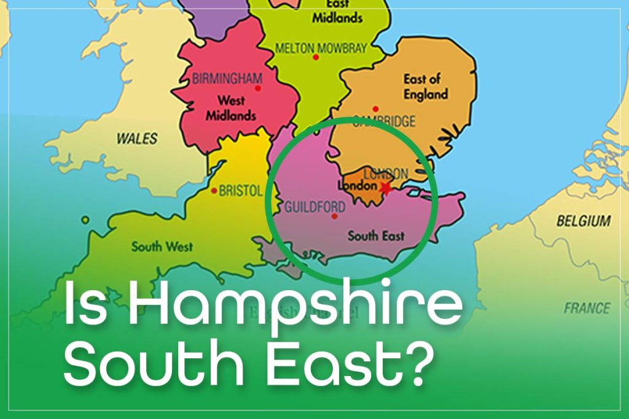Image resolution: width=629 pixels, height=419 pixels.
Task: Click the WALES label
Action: coord(136,139)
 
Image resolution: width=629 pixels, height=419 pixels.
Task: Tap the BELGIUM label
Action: coord(583,221)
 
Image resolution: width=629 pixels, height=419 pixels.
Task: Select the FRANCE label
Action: coord(587,308)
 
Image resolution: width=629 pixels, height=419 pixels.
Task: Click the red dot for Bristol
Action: coord(214,191)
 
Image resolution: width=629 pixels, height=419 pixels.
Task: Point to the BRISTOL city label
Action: coord(241,191)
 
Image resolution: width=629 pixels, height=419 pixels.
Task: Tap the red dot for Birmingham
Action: coord(257,88)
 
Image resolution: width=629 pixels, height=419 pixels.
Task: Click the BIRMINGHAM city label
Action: coord(227,79)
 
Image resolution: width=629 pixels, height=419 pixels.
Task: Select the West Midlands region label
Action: coord(230,108)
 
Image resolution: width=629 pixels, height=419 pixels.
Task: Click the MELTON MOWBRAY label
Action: coord(321,47)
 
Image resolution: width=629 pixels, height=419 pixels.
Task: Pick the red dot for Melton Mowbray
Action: coord(316,57)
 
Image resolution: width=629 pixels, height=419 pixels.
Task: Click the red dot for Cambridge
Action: coord(383,109)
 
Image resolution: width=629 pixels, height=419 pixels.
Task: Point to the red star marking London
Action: coord(386,187)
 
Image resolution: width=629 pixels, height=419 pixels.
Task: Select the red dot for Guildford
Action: coord(334,216)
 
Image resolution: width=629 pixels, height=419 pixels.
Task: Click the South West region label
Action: coord(162,247)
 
